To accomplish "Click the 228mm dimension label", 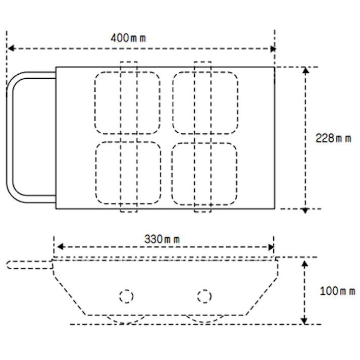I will [333, 138].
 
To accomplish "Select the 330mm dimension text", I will [162, 239].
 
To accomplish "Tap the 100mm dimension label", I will [337, 291].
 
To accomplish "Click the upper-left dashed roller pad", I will [127, 103].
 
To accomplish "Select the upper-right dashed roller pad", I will [205, 103].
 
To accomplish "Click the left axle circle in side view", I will [126, 296].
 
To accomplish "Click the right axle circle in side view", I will [204, 296].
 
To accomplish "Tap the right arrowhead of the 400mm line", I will [273, 49].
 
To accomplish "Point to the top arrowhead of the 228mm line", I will [305, 70].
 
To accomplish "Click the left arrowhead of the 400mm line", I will [10, 49].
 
